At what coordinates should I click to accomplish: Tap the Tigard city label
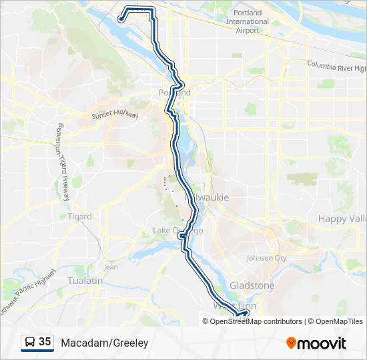(x=79, y=217)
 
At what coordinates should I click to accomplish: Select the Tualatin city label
(x=85, y=281)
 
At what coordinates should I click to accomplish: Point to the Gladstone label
(x=252, y=285)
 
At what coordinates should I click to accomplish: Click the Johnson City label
(x=266, y=258)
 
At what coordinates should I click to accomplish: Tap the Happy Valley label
(x=342, y=219)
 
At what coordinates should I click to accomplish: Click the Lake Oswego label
(x=177, y=231)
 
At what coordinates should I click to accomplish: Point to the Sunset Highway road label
(x=115, y=115)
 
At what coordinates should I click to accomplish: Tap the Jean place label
(x=111, y=267)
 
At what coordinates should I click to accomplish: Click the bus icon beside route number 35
(x=30, y=343)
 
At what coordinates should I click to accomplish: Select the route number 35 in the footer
(x=45, y=342)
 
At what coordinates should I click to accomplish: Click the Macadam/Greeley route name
(x=104, y=343)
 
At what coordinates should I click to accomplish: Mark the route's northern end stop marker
(x=120, y=19)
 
